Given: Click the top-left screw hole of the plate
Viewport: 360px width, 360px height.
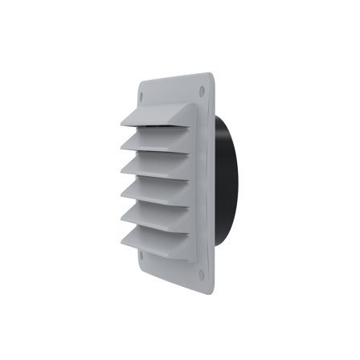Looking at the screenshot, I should coord(144,93).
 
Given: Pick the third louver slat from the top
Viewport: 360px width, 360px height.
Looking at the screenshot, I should coord(157,166).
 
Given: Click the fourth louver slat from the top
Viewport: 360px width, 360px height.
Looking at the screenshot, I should coord(157,190).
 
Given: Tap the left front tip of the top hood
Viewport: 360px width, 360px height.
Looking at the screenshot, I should coord(122,125).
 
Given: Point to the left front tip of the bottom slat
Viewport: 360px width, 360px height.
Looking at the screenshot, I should coord(122,243).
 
